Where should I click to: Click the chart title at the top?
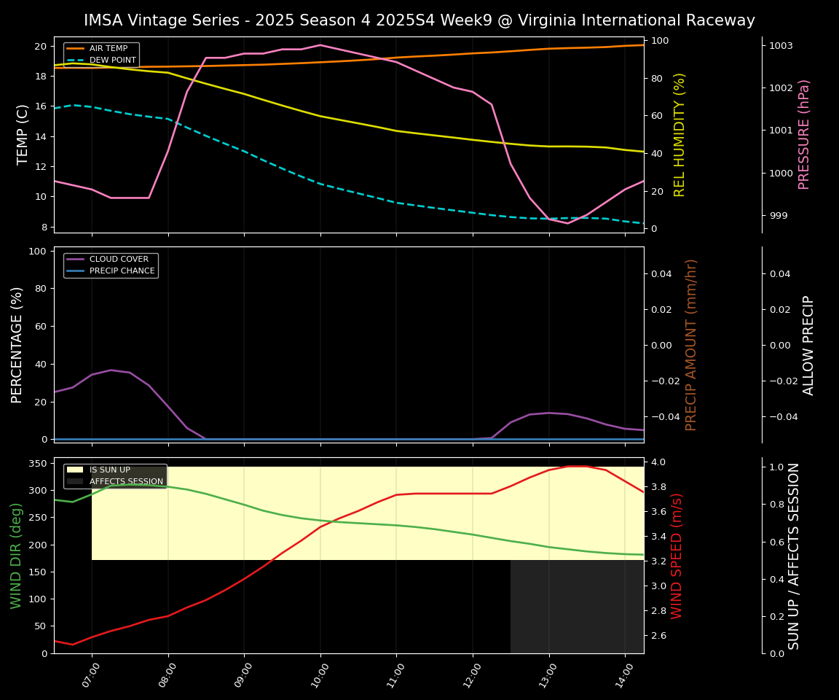419,20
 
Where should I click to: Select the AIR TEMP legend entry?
108,48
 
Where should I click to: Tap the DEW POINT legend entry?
112,60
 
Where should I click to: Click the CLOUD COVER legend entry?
119,259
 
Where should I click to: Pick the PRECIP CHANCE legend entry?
122,271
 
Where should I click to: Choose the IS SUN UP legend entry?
109,470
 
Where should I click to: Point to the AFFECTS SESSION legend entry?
126,481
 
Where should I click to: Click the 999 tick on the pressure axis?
778,216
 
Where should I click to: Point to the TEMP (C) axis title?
23,134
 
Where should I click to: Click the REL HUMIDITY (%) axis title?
680,134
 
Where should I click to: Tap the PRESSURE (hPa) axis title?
804,134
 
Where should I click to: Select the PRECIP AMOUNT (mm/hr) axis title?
691,344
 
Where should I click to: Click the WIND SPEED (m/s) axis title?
677,555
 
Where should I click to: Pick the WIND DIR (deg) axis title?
16,555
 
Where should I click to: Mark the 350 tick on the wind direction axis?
39,463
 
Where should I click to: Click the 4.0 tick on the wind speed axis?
658,462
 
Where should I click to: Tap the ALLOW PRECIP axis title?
808,344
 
